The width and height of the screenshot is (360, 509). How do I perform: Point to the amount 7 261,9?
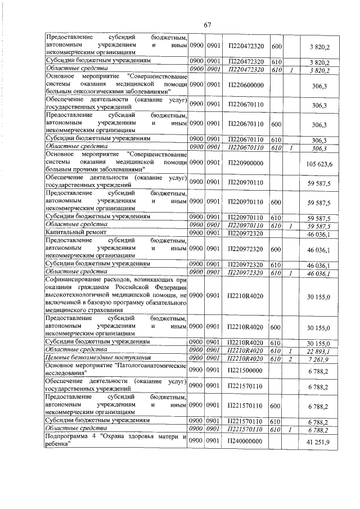tap(320, 358)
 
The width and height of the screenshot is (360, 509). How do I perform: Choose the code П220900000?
tap(246, 164)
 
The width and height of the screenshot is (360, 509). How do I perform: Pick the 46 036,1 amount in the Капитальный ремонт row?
tap(318, 233)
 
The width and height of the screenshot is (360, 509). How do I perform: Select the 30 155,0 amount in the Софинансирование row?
tap(318, 295)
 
